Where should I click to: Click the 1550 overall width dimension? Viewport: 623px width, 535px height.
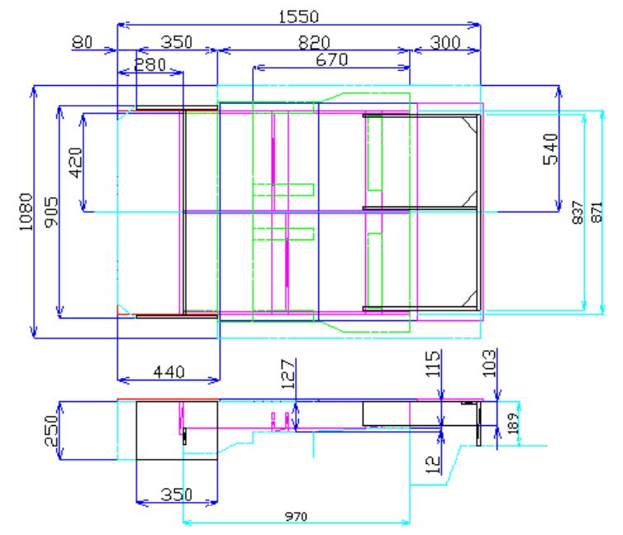[298, 17]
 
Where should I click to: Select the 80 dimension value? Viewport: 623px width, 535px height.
[83, 42]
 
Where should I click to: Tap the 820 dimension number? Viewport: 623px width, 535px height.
[314, 43]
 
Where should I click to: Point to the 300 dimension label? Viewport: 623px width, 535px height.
[445, 42]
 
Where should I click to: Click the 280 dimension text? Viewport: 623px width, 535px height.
[150, 64]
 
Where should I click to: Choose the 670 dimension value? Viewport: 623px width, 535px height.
[332, 60]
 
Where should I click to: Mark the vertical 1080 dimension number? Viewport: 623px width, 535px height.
[26, 211]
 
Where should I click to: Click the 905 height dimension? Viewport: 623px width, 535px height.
[51, 212]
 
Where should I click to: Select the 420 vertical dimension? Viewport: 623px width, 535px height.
[75, 163]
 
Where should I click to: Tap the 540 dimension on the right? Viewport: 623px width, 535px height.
[550, 149]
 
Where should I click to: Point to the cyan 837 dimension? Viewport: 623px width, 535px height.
[578, 212]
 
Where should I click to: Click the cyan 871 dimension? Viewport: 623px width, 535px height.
[597, 212]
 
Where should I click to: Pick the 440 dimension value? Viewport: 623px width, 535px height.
[169, 372]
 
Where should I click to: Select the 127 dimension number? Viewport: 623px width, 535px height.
[288, 374]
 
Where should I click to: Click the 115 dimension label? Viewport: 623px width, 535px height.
[433, 363]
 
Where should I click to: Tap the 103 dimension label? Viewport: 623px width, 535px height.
[489, 363]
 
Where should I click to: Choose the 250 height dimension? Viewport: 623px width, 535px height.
[52, 431]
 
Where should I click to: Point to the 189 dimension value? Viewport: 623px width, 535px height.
[513, 423]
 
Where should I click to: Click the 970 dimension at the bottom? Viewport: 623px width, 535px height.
[296, 516]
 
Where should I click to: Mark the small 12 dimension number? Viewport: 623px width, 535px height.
[433, 465]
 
